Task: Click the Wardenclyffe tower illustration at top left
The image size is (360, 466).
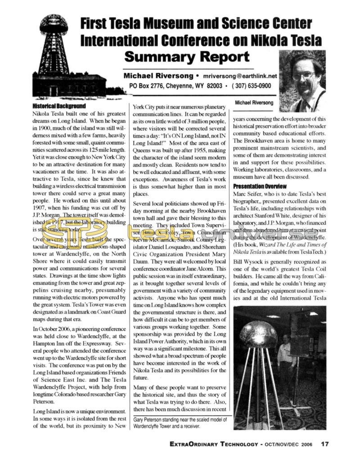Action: point(54,50)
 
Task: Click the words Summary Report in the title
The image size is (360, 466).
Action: point(186,57)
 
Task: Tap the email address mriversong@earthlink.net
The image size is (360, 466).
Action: point(239,76)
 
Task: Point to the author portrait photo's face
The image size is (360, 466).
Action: point(303,75)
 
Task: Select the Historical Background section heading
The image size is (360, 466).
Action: point(59,106)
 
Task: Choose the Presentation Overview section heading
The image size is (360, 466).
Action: point(257,186)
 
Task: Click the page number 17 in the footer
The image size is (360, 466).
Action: point(325,443)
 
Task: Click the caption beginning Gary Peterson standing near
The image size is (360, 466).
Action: point(180,423)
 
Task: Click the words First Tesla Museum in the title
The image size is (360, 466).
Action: point(135,24)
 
